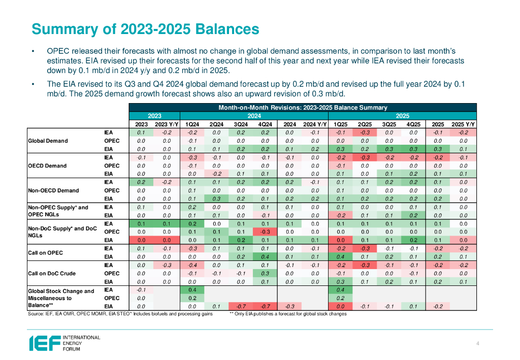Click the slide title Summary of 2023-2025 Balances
click(145, 29)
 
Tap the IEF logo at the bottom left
click(64, 343)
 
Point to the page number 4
click(478, 344)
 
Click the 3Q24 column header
click(241, 124)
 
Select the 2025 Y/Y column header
click(463, 124)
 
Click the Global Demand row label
click(48, 141)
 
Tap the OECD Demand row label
click(47, 166)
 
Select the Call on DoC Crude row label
click(52, 273)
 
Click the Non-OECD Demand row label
click(53, 190)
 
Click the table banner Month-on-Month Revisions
click(303, 108)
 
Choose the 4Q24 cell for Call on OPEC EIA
click(265, 256)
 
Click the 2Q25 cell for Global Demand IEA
click(364, 133)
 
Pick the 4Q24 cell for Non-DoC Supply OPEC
click(265, 232)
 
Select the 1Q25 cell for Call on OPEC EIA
click(340, 256)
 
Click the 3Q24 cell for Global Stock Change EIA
click(241, 306)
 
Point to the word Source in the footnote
click(36, 314)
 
